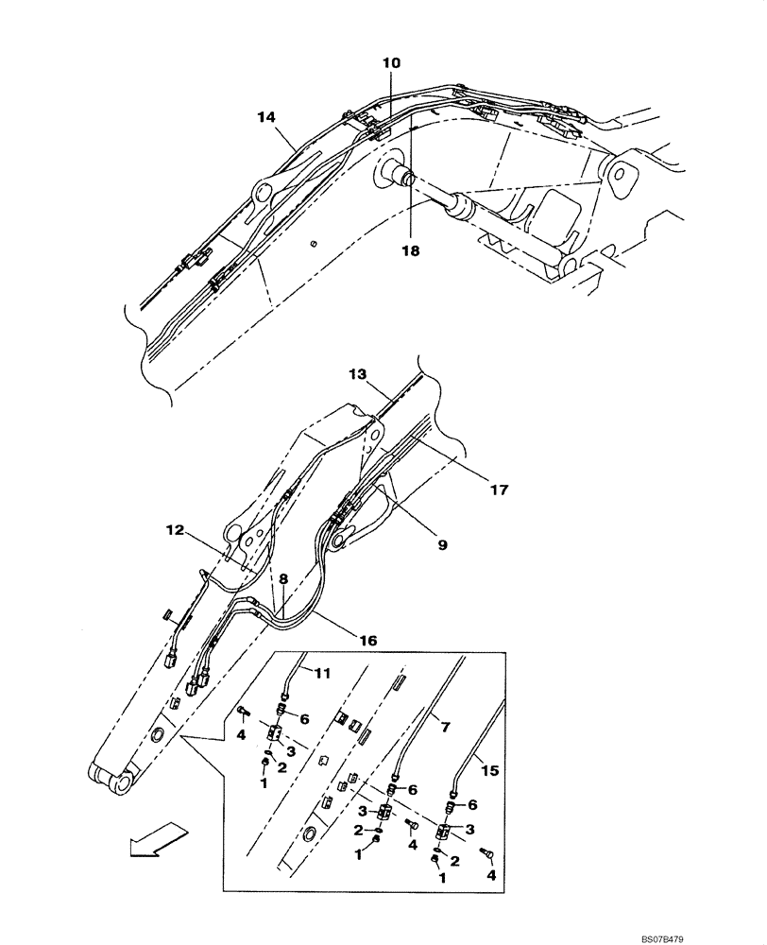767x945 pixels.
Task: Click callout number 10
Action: coord(391,63)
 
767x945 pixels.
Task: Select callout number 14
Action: coord(265,116)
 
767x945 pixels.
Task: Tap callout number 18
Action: coord(408,252)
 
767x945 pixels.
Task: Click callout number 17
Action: coord(499,490)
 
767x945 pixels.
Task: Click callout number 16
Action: coord(367,640)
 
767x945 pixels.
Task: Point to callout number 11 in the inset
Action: coord(322,672)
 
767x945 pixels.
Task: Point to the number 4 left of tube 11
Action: coord(241,733)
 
